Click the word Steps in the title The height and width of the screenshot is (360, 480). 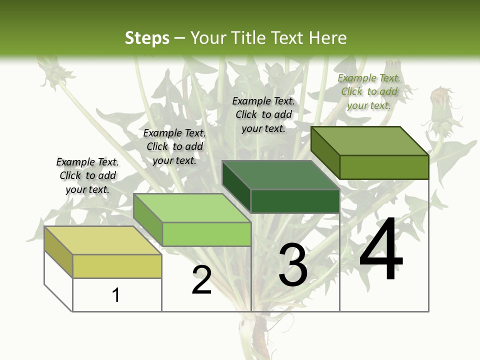147,38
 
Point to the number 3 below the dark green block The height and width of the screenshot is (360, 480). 293,265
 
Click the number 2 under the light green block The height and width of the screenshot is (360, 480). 201,280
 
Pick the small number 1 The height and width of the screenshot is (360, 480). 116,295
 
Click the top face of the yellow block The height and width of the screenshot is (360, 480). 102,240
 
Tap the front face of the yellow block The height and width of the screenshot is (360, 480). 117,266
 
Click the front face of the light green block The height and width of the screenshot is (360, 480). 206,234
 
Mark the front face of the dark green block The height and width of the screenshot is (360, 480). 295,201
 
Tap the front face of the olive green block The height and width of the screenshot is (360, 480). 384,167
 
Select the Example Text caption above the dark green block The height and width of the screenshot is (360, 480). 263,114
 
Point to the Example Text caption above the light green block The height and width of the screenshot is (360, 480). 174,146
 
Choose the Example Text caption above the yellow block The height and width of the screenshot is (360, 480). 87,175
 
